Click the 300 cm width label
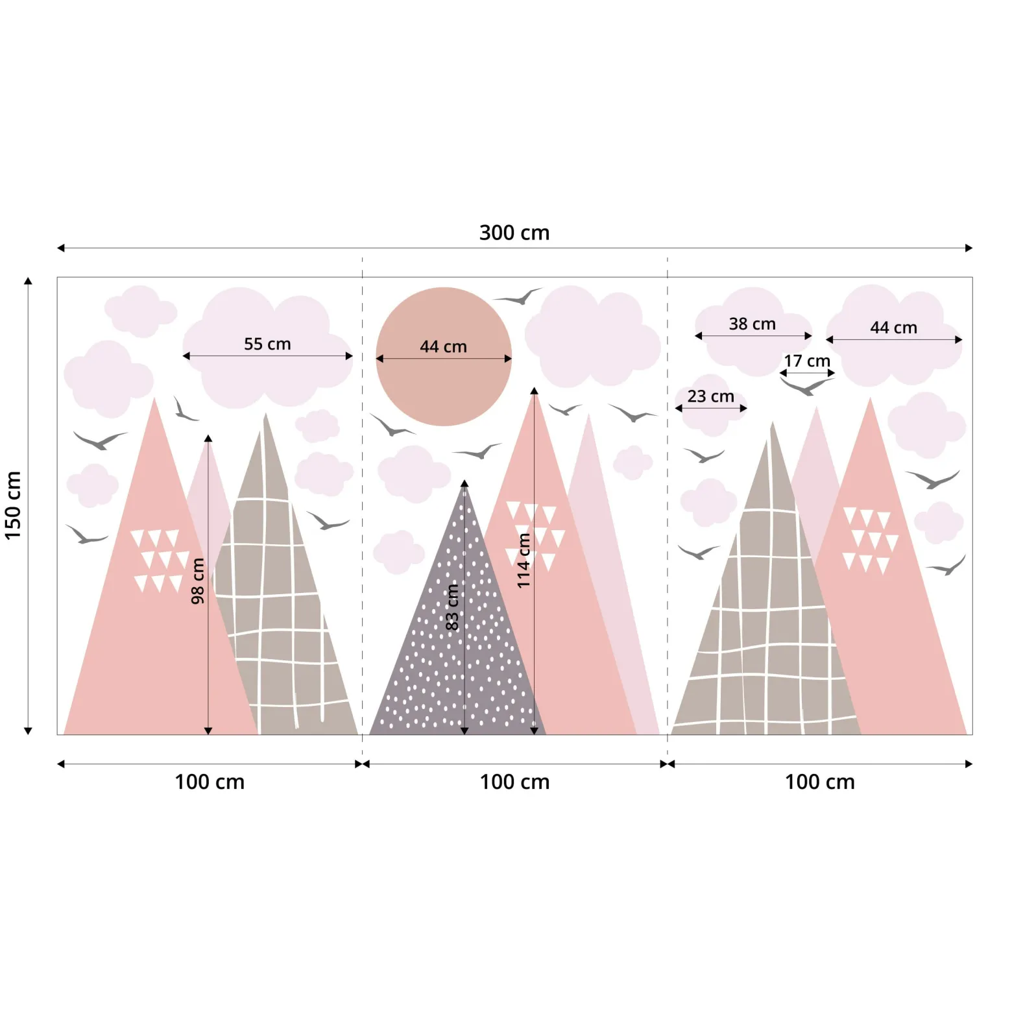click(514, 232)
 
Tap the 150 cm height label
click(13, 505)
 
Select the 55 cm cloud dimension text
click(267, 344)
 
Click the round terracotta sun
click(444, 356)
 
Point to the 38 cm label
click(752, 324)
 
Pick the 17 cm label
click(807, 361)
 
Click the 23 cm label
click(710, 396)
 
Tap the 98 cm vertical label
click(198, 581)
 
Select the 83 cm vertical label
click(452, 607)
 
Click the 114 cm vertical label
click(524, 560)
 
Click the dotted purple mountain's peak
click(464, 481)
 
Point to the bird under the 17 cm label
click(807, 387)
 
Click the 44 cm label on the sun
click(443, 346)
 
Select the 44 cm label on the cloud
click(893, 328)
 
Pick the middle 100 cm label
click(514, 782)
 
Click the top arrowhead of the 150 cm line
click(28, 281)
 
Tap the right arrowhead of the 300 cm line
click(969, 248)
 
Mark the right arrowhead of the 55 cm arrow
click(349, 355)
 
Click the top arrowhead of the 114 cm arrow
click(534, 391)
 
